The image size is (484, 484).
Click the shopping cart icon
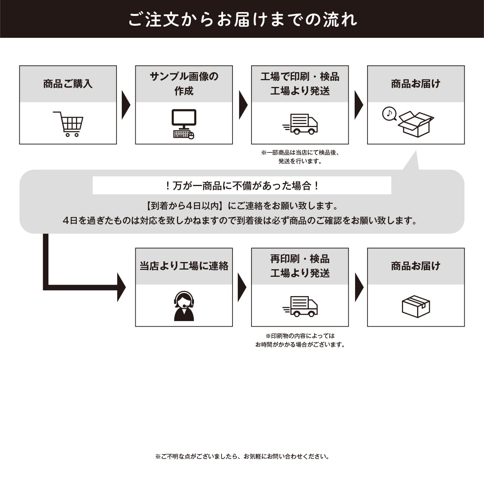click(68, 124)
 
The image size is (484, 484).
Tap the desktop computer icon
click(184, 124)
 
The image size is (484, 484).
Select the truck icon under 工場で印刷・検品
click(300, 124)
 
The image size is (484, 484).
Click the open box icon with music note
click(416, 124)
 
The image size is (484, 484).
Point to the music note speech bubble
click(389, 113)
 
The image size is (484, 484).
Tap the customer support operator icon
click(184, 306)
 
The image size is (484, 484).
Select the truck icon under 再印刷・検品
click(300, 306)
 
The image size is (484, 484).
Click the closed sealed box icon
click(416, 306)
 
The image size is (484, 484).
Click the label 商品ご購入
click(68, 84)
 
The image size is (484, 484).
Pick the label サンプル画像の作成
click(184, 84)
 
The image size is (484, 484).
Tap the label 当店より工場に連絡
click(184, 266)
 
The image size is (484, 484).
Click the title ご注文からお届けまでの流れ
click(242, 19)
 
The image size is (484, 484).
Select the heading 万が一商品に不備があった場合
click(242, 186)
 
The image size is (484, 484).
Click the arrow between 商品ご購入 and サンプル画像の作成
click(126, 105)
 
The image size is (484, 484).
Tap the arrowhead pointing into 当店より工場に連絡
click(121, 287)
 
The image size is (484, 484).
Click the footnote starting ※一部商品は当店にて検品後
click(300, 157)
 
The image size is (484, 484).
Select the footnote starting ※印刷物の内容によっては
click(300, 340)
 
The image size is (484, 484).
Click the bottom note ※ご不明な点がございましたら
click(242, 456)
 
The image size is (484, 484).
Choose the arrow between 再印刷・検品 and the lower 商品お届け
click(358, 287)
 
